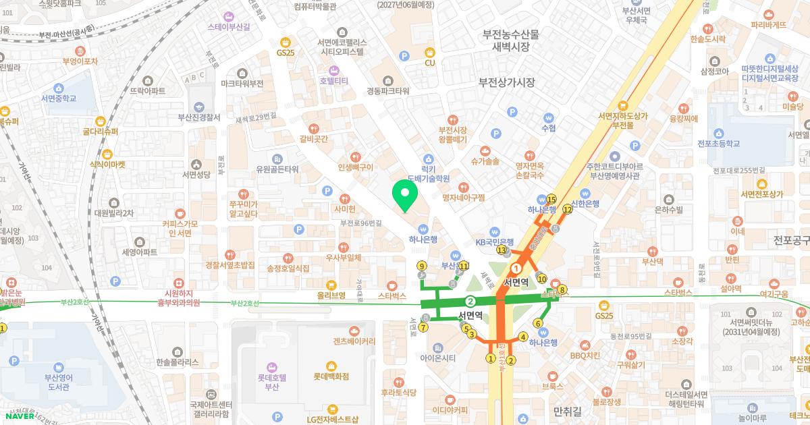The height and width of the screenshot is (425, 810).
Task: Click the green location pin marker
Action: click(x=405, y=195)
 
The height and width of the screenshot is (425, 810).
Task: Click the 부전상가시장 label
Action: click(x=506, y=82)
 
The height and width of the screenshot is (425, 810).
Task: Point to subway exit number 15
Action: click(x=551, y=199)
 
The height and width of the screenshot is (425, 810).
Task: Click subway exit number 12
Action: click(x=568, y=209)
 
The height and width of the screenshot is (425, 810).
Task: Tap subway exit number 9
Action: click(x=422, y=266)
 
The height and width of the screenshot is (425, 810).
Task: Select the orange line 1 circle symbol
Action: click(x=517, y=268)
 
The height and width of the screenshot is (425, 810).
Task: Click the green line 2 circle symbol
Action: click(x=470, y=301)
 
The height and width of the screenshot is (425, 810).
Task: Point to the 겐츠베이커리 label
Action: click(x=354, y=341)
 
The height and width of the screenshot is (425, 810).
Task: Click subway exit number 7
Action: click(x=423, y=328)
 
